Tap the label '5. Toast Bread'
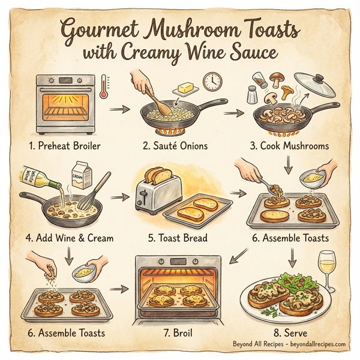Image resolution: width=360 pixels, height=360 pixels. (x=178, y=238)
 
